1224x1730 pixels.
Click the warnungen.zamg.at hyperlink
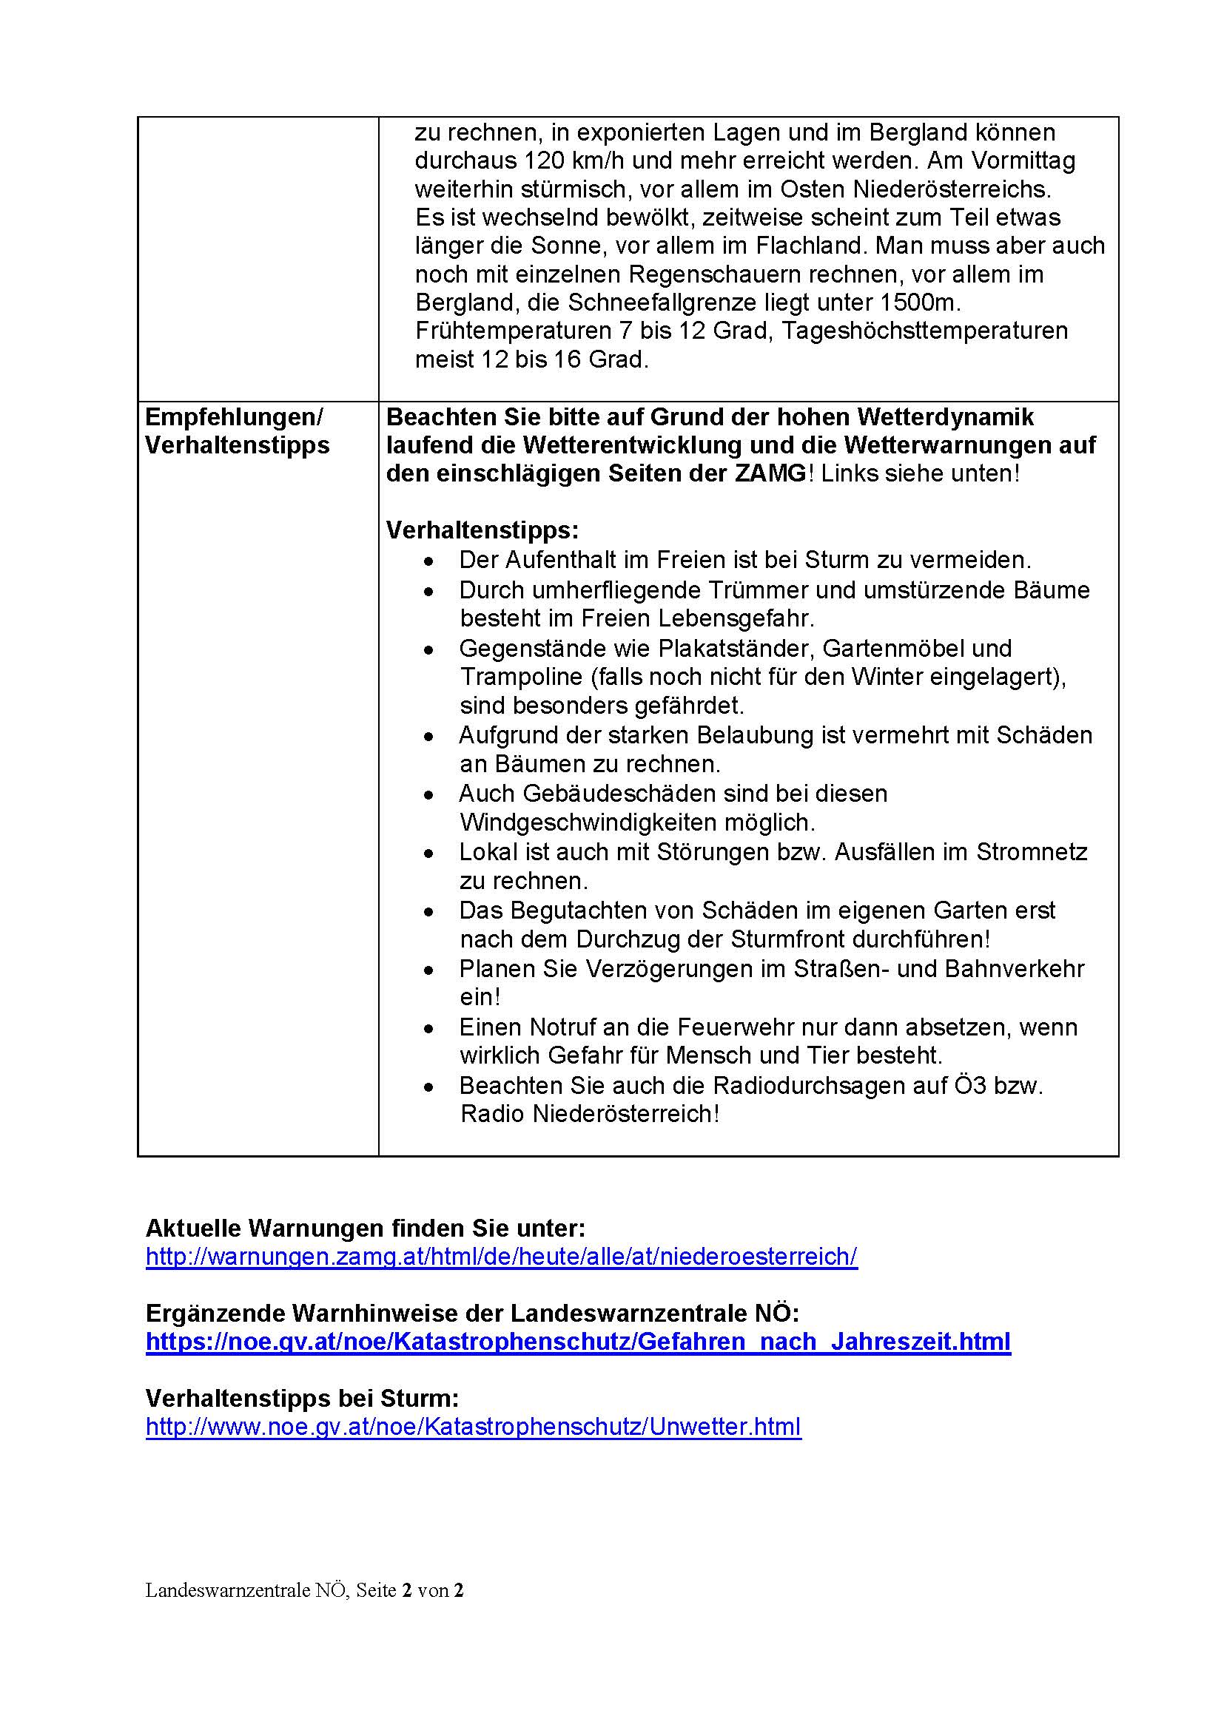(501, 1257)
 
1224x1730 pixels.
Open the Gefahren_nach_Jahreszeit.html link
(577, 1342)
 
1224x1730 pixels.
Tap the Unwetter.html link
(473, 1427)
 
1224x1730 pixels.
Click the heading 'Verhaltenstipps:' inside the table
(482, 530)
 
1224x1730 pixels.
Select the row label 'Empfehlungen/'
(234, 416)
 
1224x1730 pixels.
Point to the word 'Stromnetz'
(1032, 852)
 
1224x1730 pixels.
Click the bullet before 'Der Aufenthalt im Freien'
(429, 561)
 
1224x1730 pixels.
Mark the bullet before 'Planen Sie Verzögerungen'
(429, 970)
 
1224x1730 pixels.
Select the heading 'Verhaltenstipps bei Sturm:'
(302, 1399)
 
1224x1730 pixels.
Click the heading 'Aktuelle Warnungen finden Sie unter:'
(365, 1229)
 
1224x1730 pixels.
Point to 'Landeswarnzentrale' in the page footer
(229, 1590)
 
